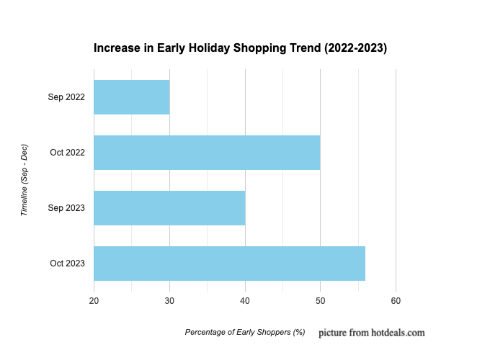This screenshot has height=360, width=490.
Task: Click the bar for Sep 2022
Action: [x=132, y=97]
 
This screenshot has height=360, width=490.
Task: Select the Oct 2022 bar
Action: [x=207, y=153]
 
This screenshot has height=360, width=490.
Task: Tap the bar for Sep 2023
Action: [x=169, y=208]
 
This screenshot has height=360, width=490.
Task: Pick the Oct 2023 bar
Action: [x=229, y=264]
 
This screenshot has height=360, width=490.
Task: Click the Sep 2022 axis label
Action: [x=66, y=97]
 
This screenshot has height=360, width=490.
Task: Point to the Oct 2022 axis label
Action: [x=67, y=153]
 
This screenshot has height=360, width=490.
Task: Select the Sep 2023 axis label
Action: [x=66, y=208]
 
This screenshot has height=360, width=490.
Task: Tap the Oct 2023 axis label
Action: [x=67, y=264]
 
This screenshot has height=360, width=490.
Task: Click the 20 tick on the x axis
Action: [x=94, y=300]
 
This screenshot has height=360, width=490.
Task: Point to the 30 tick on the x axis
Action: [x=169, y=300]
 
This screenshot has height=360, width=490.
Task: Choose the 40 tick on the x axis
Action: [x=245, y=300]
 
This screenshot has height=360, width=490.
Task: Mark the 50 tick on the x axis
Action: [x=321, y=300]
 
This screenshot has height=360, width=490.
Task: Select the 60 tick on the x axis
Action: [x=396, y=300]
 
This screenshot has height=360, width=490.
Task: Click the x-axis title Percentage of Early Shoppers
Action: [x=245, y=333]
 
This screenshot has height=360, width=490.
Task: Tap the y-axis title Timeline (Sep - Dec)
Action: [x=24, y=180]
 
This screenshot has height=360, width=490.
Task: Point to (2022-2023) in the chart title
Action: [x=355, y=49]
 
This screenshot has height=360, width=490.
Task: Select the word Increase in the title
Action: [x=115, y=49]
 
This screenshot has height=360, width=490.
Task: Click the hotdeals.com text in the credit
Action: [x=396, y=333]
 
